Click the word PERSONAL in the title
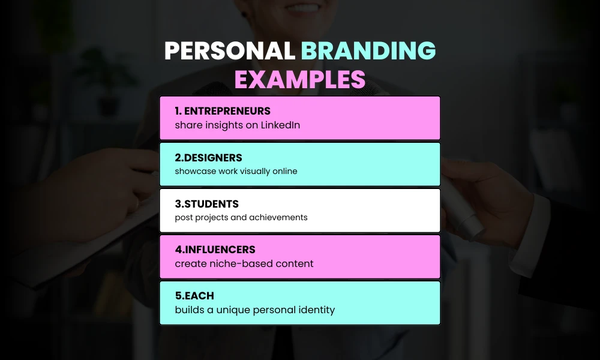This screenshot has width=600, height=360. pyautogui.click(x=230, y=52)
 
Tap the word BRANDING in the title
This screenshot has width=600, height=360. pyautogui.click(x=368, y=52)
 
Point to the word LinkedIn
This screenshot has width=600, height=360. pyautogui.click(x=280, y=125)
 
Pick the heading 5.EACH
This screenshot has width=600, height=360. pyautogui.click(x=194, y=296)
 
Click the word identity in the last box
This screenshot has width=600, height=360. pyautogui.click(x=316, y=310)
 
